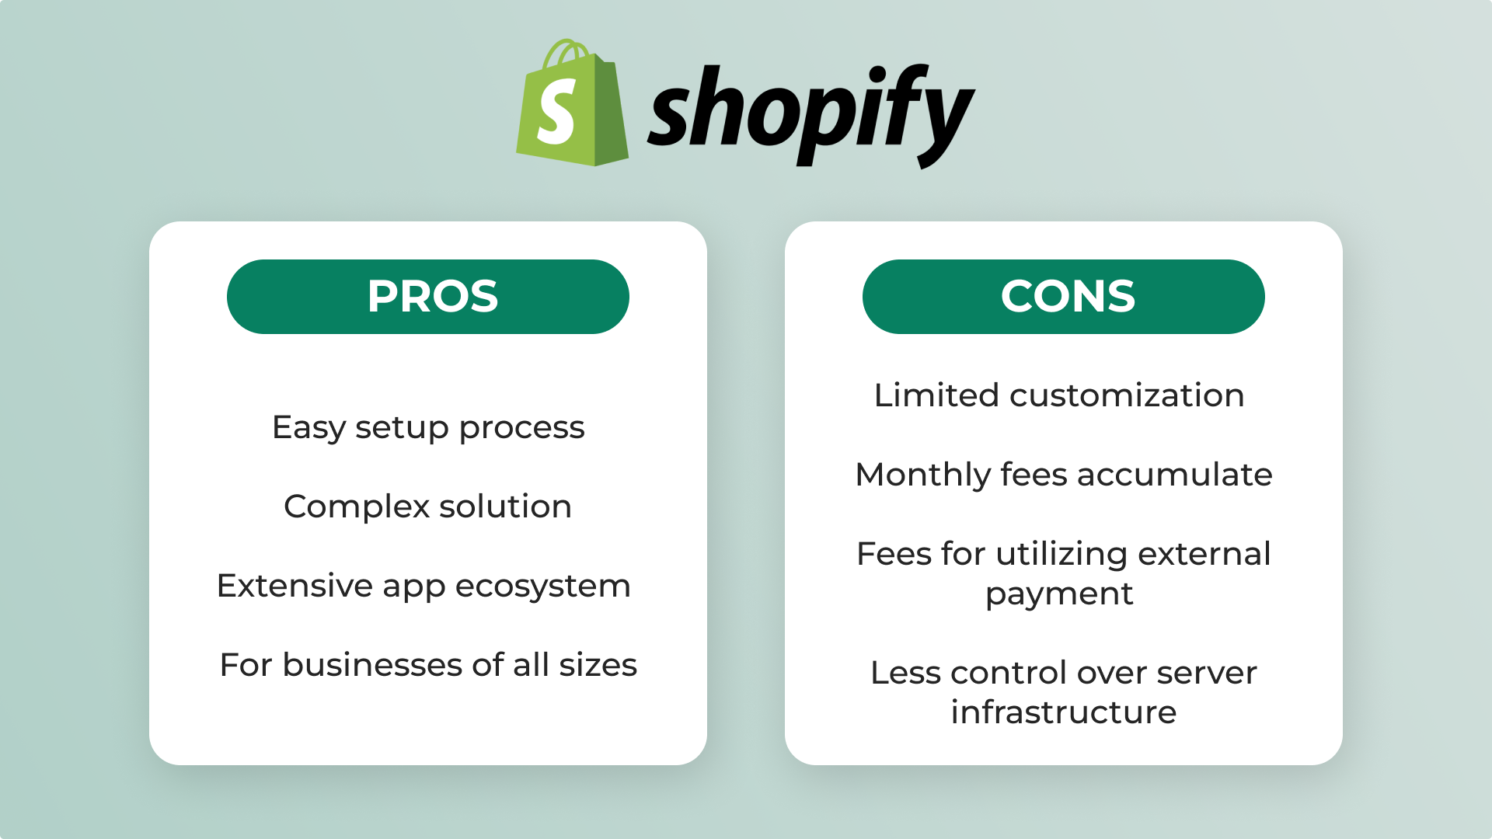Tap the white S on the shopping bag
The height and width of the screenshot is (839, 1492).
click(556, 113)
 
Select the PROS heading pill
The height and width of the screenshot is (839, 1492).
click(428, 297)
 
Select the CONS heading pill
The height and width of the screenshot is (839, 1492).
click(1064, 297)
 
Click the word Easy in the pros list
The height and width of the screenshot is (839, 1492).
click(309, 428)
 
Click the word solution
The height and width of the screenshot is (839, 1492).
click(505, 507)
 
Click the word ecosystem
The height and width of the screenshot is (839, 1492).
click(542, 587)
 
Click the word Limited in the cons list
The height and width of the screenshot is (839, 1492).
click(936, 395)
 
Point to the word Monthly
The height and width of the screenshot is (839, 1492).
click(922, 475)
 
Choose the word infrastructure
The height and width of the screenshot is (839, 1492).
click(1063, 712)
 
